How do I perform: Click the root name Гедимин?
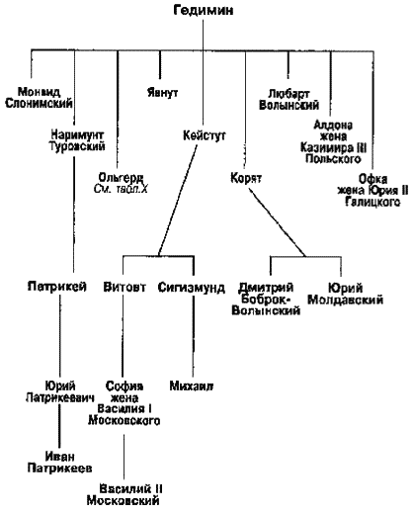point(204,10)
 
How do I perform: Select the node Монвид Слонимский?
point(39,98)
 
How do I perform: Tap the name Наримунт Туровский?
point(77,140)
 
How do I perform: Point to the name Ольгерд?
point(121,178)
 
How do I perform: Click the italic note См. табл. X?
point(121,189)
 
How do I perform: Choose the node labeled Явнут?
point(163,92)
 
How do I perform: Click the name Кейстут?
point(205,135)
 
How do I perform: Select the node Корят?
point(246,178)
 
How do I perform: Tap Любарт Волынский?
point(289,100)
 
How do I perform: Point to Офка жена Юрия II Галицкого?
point(373,191)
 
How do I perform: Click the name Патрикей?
point(57,286)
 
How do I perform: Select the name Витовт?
point(124,287)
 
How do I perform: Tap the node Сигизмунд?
point(192,288)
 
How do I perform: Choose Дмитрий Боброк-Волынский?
point(266,299)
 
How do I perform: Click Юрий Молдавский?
point(345,294)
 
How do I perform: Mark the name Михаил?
point(192,385)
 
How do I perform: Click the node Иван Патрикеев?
point(59,463)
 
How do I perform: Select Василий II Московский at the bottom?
point(124,494)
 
